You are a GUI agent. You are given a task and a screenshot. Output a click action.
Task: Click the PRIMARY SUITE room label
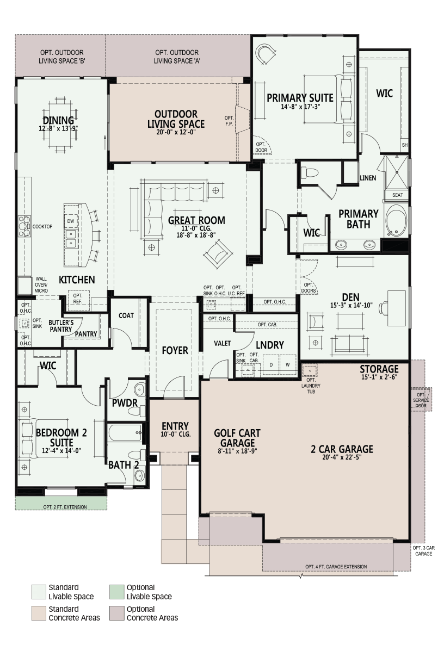point(300,98)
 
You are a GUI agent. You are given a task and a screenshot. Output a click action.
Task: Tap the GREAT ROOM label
point(196,220)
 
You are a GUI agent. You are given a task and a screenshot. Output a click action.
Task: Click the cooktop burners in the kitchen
point(24,226)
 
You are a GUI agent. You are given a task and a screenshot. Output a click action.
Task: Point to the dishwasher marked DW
point(71,221)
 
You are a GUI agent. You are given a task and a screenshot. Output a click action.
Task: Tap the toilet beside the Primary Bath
point(309,172)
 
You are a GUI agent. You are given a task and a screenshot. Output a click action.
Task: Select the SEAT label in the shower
point(398,195)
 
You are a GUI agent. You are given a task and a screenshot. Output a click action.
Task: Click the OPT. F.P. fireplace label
point(229,121)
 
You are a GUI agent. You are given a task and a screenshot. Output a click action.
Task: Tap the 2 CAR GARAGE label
point(342,449)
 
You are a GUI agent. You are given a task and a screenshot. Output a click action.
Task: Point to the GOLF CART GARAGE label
point(237,438)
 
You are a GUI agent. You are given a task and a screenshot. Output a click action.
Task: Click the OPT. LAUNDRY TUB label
point(311,386)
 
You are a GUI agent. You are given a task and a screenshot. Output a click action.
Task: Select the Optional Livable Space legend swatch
point(116,592)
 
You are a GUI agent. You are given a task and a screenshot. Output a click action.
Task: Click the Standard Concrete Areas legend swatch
point(39,613)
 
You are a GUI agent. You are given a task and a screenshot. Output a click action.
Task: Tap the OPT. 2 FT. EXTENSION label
point(65,507)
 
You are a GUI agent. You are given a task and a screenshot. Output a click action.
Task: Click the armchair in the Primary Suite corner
point(265,54)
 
